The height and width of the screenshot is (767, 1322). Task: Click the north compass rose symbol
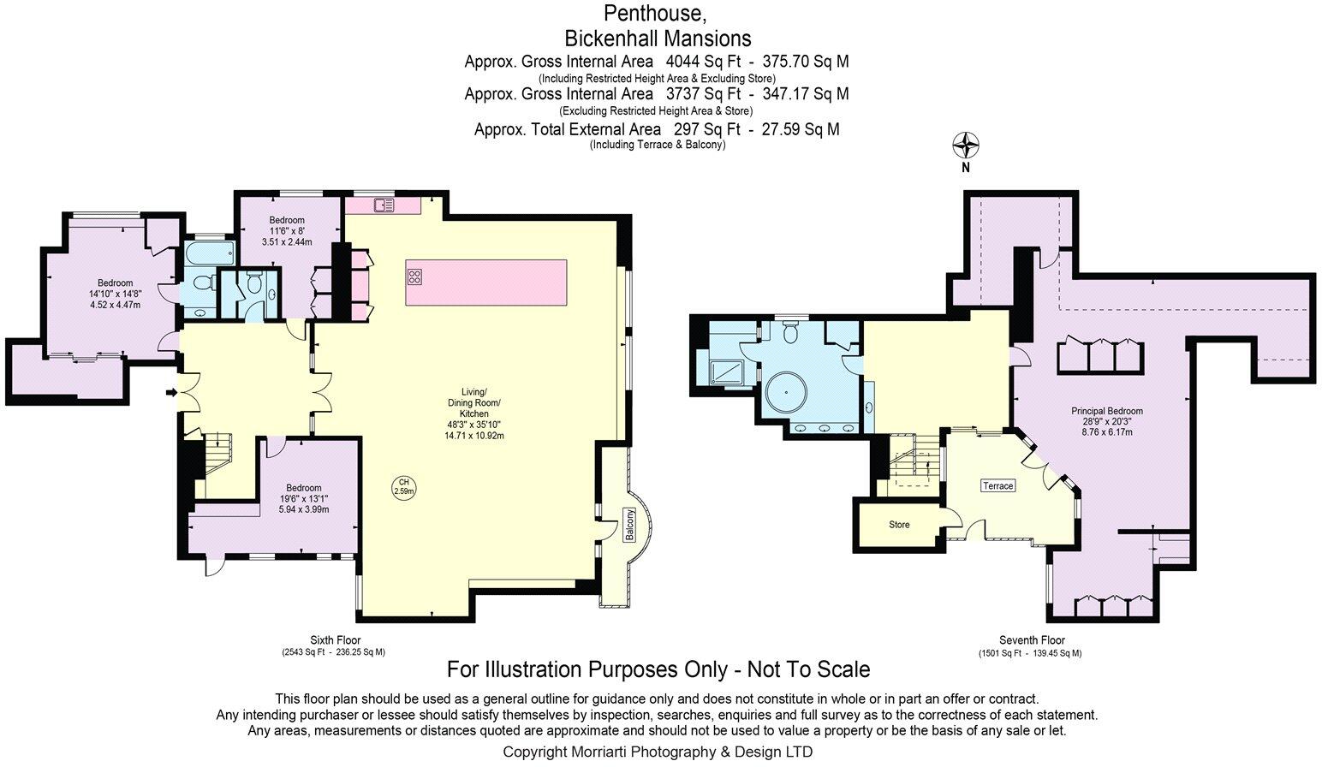tap(966, 146)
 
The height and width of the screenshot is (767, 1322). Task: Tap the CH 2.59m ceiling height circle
tap(403, 486)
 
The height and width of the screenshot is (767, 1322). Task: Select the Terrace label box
tap(998, 485)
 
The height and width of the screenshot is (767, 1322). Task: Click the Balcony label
tap(629, 526)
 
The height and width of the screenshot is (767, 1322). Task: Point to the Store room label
tap(899, 525)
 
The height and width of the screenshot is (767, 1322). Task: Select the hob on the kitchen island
tap(415, 276)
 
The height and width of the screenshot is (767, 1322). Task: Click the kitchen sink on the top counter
tap(384, 205)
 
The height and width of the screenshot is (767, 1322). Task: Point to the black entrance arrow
tap(172, 392)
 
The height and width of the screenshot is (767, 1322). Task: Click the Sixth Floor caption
tap(336, 640)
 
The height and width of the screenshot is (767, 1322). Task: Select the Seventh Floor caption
tap(1033, 640)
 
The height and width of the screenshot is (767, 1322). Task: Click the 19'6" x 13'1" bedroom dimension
tap(304, 498)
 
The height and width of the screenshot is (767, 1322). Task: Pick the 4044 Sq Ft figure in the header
tap(703, 62)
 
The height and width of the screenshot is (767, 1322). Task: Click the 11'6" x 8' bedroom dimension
tap(287, 231)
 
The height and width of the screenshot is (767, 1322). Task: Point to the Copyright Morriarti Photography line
tap(658, 752)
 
